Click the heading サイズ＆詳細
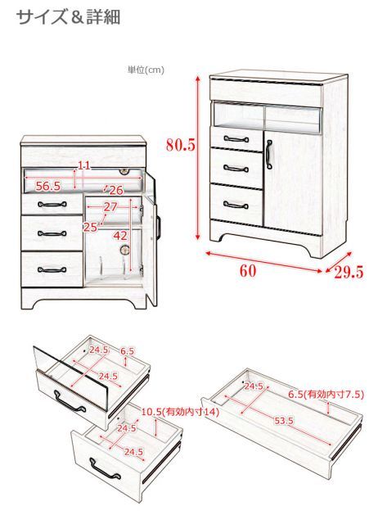point(69,17)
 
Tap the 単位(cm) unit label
point(146,70)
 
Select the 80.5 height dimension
point(180,145)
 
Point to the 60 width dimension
point(248,271)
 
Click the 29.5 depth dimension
point(349,273)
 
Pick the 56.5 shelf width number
point(48,187)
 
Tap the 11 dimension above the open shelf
point(84,165)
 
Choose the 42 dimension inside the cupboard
point(120,236)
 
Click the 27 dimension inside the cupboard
point(110,207)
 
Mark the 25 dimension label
point(89,228)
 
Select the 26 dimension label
point(116,191)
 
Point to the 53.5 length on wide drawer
point(284,421)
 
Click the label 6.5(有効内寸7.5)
point(326,395)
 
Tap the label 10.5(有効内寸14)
point(180,412)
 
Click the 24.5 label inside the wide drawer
point(254,386)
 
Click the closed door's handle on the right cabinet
point(269,155)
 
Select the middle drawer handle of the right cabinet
point(236,169)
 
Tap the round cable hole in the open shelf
point(125,171)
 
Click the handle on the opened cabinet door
point(159,228)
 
